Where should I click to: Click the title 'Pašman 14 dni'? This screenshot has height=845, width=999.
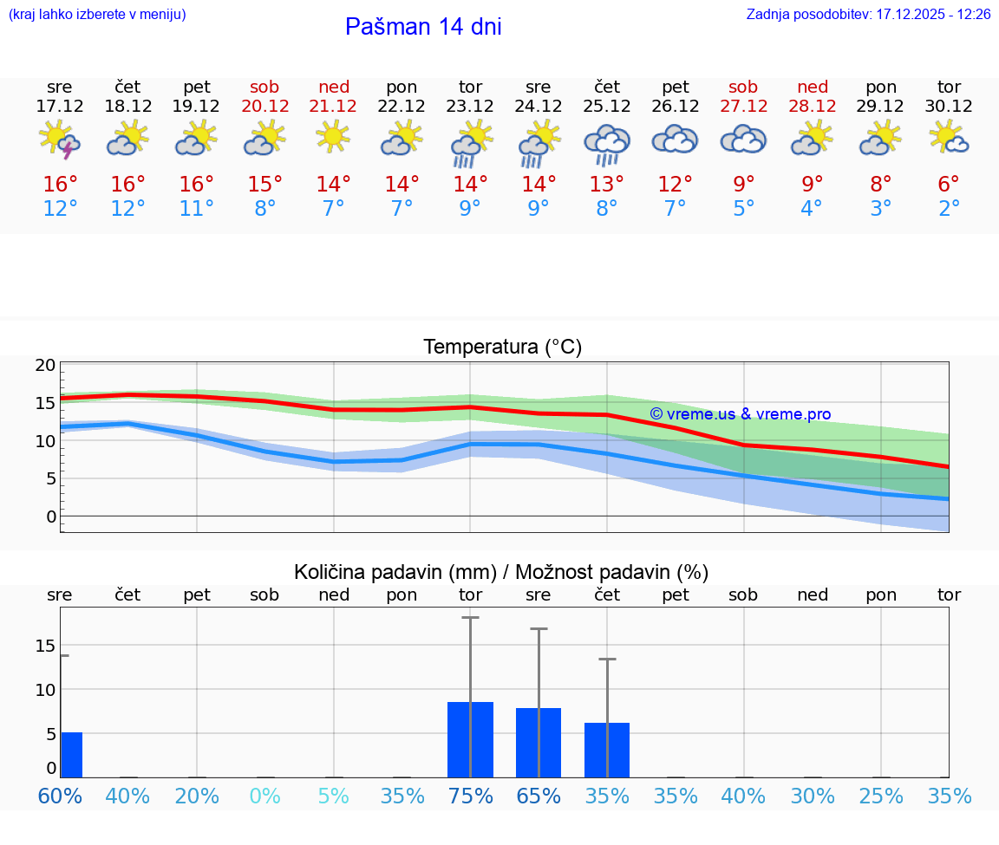(x=423, y=27)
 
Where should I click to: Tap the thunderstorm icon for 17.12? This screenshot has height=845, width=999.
(x=60, y=140)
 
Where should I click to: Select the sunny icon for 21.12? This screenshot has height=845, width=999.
(x=333, y=137)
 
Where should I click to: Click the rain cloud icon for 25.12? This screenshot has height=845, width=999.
(x=607, y=144)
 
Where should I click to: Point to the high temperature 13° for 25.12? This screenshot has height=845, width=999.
(x=607, y=185)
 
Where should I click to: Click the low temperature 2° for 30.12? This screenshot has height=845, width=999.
(x=949, y=209)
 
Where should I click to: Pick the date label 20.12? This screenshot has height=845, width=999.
(x=264, y=107)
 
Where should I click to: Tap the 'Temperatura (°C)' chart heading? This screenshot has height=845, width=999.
(x=502, y=348)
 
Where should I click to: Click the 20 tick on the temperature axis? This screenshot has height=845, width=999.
(x=45, y=365)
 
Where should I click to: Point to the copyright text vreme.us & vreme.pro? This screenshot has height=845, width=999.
(x=740, y=414)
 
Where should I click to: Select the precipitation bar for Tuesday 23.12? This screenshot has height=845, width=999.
(x=470, y=739)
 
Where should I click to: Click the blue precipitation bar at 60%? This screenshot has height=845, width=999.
(x=71, y=755)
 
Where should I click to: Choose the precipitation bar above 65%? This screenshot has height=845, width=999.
(x=539, y=743)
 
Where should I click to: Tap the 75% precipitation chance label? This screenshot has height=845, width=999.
(x=470, y=796)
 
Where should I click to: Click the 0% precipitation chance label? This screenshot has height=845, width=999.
(x=264, y=796)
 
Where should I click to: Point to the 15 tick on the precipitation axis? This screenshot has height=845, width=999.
(x=45, y=646)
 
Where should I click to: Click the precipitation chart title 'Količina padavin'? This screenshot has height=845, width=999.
(x=395, y=572)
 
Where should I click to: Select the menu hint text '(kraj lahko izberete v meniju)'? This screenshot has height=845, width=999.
(x=97, y=15)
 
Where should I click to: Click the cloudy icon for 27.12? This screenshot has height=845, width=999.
(x=743, y=140)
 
